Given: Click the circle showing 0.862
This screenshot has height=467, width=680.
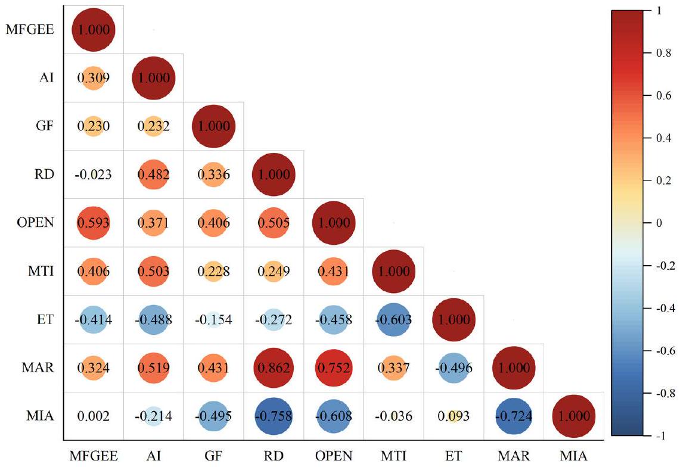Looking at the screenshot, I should tap(274, 368).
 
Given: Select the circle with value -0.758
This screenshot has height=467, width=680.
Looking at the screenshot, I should tap(274, 416).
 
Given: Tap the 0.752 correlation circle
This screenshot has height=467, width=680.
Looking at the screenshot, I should tap(334, 368).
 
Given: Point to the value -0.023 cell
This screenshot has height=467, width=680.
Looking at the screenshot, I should tap(93, 175).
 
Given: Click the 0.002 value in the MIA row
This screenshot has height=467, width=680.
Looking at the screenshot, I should tap(93, 416).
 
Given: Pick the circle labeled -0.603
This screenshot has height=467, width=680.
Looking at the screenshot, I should tap(394, 319).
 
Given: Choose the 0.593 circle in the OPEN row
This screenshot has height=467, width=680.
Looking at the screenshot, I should tap(93, 223).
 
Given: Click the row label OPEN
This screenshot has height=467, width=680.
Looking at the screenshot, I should tap(37, 223).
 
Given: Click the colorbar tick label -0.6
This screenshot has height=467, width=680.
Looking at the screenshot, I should tap(658, 351).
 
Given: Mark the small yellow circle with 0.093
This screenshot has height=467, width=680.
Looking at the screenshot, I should tap(454, 416).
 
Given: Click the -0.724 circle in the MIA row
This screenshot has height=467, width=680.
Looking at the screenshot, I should tap(514, 416).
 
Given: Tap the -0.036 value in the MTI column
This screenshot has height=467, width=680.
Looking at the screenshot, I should tap(394, 416).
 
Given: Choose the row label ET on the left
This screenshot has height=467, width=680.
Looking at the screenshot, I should tap(46, 319).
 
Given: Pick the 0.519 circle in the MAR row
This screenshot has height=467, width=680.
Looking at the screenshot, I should tap(153, 368).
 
